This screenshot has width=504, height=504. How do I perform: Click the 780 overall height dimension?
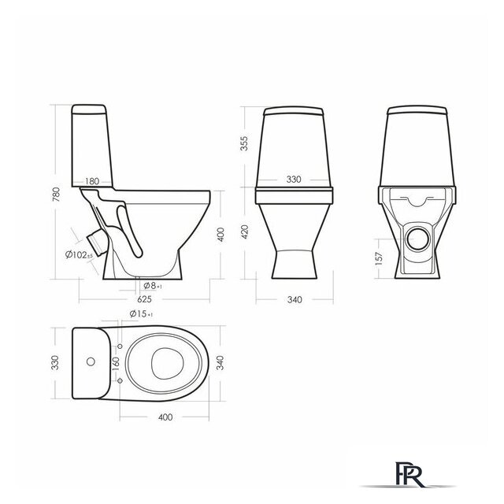click(56, 194)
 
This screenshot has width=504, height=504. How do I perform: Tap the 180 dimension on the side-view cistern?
click(92, 181)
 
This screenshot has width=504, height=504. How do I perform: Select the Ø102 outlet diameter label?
click(79, 255)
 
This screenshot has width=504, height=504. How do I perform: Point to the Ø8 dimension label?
click(153, 285)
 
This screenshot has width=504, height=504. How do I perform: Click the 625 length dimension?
click(144, 299)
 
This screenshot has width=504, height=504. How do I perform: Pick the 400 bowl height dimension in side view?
click(220, 235)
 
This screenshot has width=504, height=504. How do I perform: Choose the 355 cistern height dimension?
click(244, 143)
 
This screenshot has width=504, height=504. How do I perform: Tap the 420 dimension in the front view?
click(244, 232)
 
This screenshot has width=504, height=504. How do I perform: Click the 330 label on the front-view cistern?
click(294, 179)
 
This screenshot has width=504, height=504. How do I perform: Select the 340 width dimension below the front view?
click(295, 299)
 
